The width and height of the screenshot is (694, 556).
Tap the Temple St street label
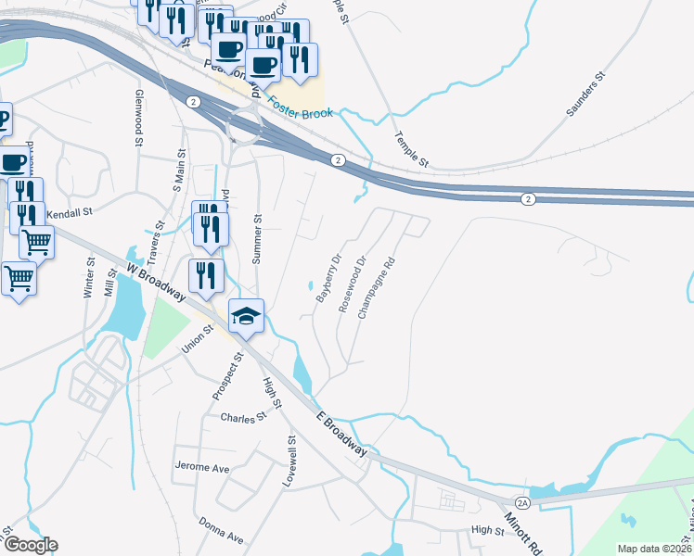click(411, 148)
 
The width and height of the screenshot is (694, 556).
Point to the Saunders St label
click(585, 95)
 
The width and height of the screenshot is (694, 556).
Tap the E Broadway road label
click(341, 433)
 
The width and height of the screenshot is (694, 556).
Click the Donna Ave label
click(221, 530)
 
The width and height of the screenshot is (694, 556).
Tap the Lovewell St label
click(292, 463)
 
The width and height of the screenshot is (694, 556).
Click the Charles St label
click(243, 418)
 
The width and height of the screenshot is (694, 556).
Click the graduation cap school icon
click(247, 316)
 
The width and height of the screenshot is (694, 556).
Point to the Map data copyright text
click(654, 549)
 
